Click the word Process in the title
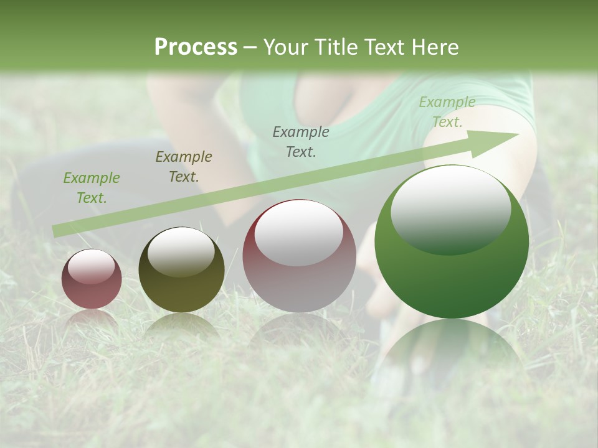click(x=196, y=47)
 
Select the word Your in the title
click(x=286, y=47)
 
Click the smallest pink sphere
click(x=92, y=279)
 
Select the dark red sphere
click(x=299, y=256)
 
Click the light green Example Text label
click(x=91, y=188)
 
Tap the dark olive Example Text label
click(x=183, y=167)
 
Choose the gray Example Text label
click(x=301, y=142)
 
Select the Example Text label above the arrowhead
click(x=447, y=112)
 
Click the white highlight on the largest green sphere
click(x=450, y=208)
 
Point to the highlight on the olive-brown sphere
click(x=181, y=250)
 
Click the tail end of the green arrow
click(x=57, y=231)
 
